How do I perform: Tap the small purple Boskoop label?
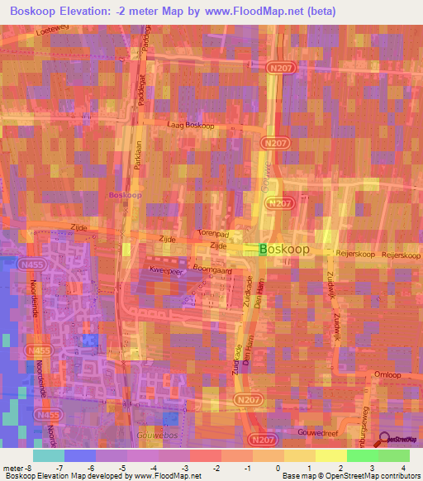tap(125, 196)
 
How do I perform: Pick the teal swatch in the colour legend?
tap(49, 455)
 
